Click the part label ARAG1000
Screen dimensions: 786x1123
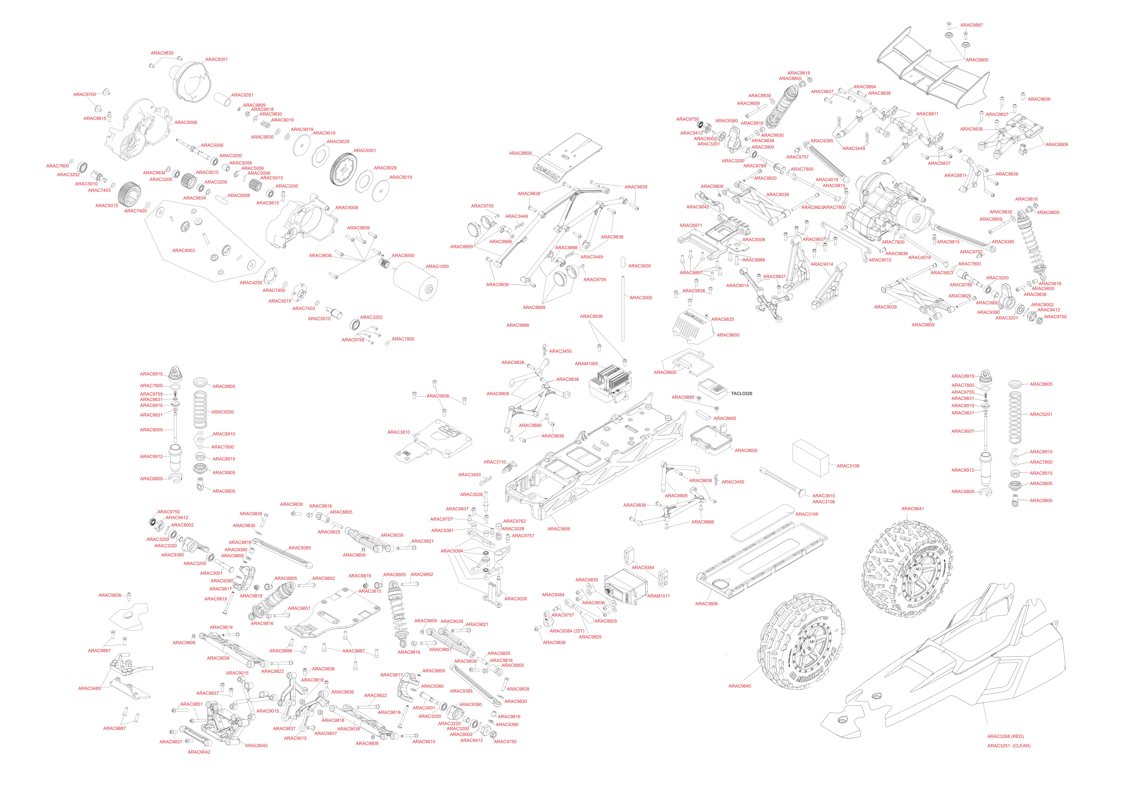tap(437, 267)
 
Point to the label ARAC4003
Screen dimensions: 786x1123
tap(183, 250)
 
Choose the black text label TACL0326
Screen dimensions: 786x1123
tap(741, 394)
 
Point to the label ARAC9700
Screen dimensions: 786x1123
tap(85, 94)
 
